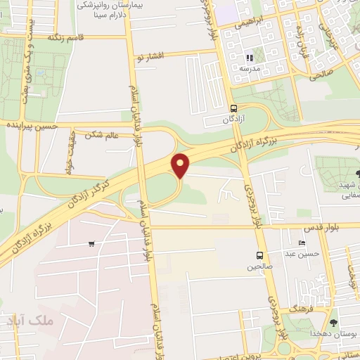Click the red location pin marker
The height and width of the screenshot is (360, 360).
point(181,165)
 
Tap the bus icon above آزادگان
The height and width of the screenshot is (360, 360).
point(234,108)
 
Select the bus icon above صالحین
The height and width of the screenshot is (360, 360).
point(260,255)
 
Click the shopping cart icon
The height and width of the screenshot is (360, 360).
point(91,244)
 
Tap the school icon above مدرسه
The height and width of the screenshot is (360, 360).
point(248,58)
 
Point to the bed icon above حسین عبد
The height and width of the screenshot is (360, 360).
point(302,243)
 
